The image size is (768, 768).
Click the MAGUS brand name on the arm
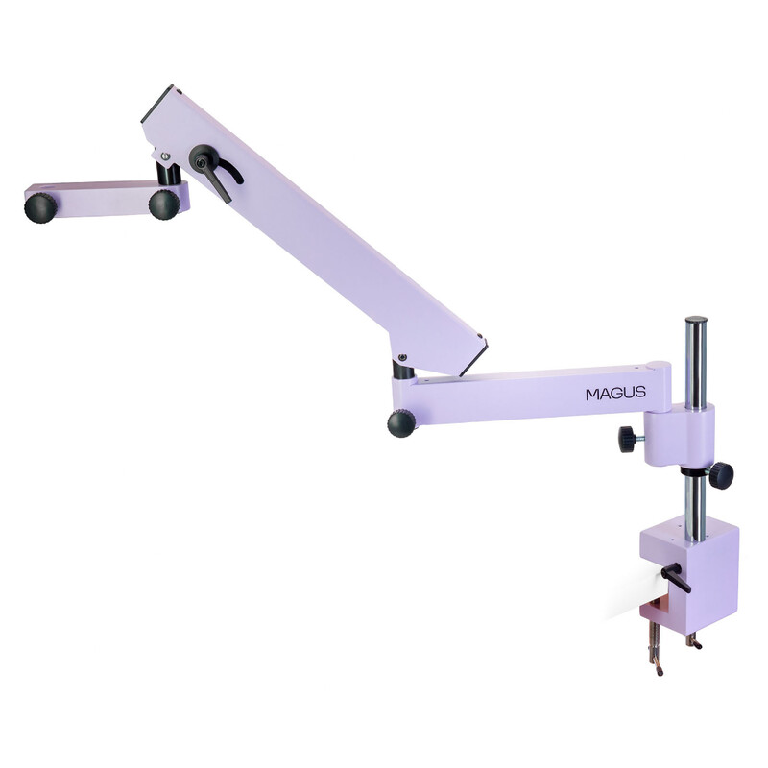coord(615,393)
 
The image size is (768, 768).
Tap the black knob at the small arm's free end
coord(40,207)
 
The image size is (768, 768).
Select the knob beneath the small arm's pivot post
coord(164,204)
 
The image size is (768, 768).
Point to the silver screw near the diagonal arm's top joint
coord(165,156)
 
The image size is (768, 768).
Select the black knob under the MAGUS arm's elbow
coord(401,420)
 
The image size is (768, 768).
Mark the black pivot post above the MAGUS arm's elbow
coord(404,369)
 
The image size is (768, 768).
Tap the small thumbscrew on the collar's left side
coord(630,438)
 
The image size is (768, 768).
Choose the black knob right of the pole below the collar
coord(721,474)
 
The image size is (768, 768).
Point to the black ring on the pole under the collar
coord(695,471)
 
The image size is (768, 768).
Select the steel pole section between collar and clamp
coord(694,504)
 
